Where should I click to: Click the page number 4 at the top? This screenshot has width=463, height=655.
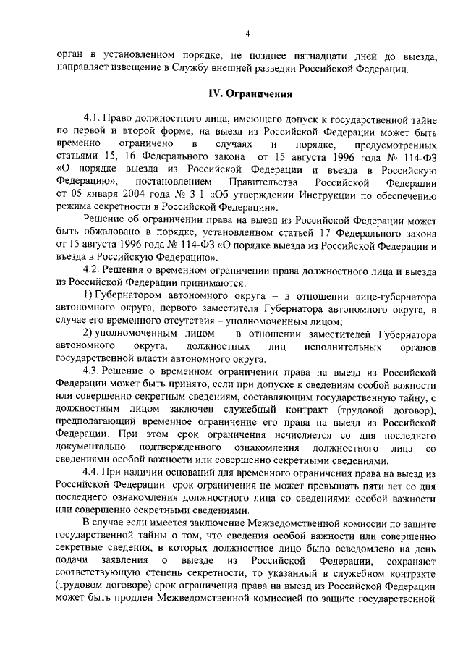click(x=247, y=33)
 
